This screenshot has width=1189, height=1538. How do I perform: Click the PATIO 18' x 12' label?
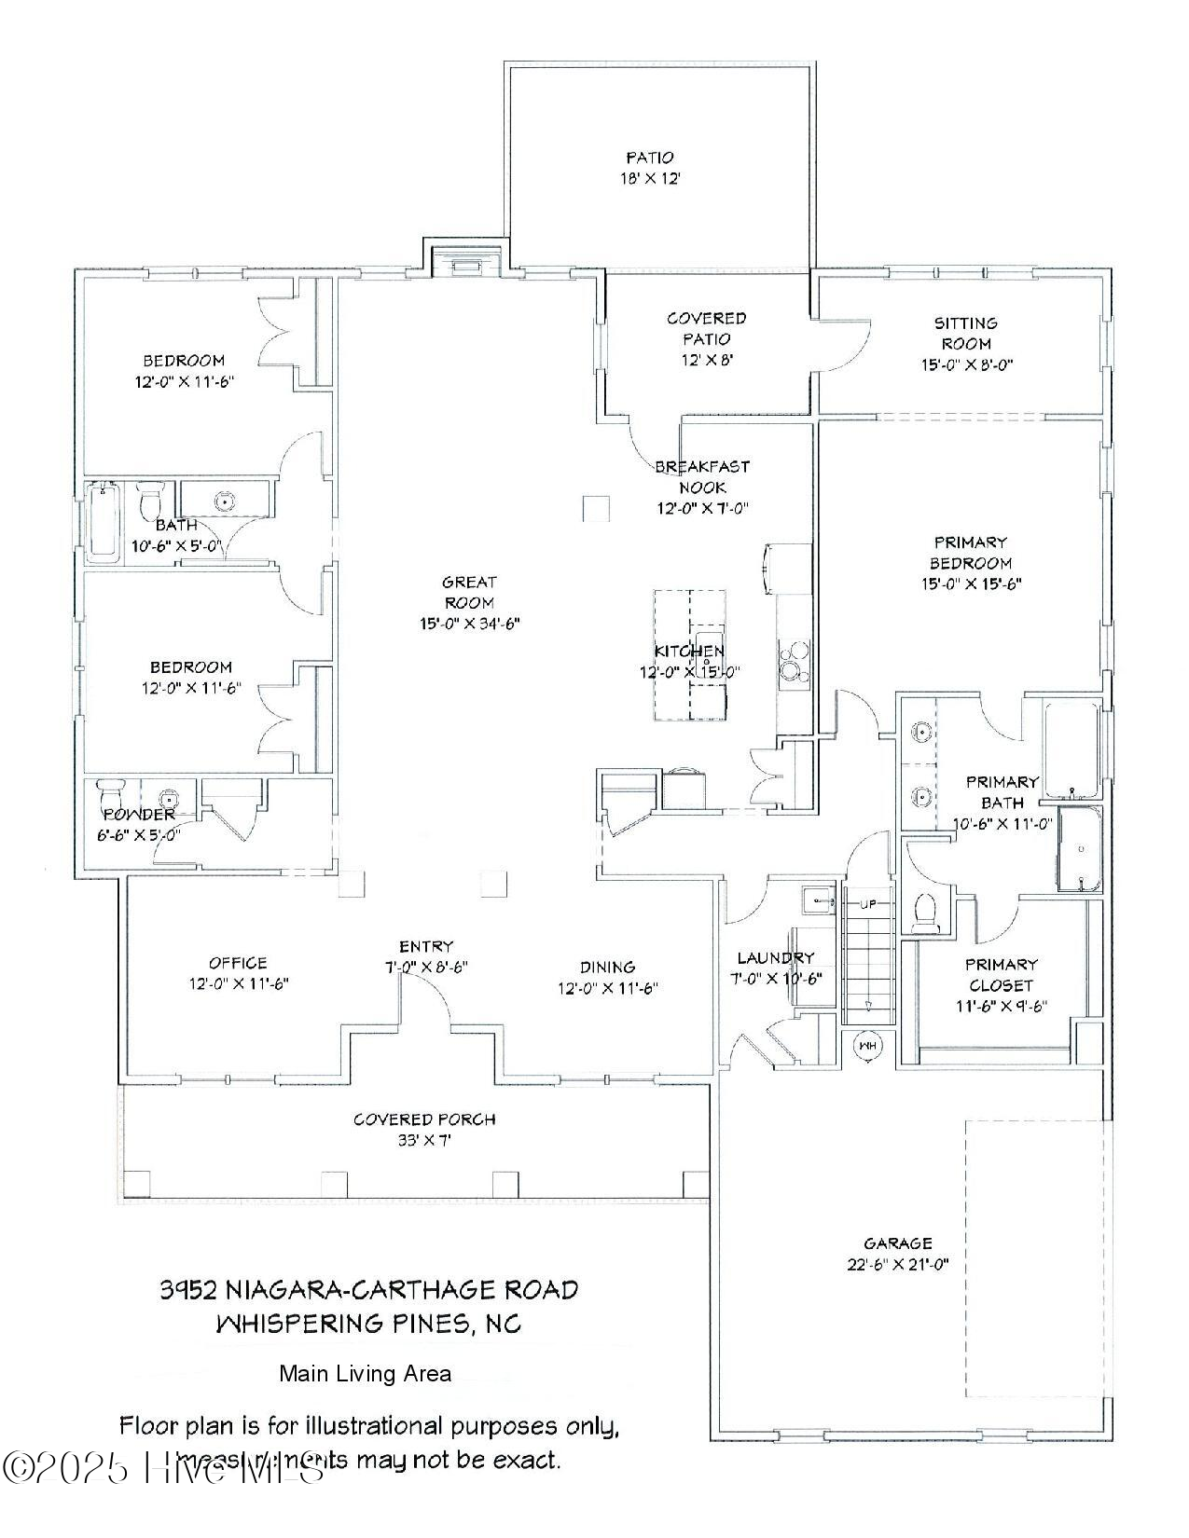(649, 168)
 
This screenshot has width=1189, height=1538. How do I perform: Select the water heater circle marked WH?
(868, 1046)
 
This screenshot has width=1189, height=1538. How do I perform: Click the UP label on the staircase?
(867, 905)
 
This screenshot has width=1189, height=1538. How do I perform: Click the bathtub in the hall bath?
(103, 522)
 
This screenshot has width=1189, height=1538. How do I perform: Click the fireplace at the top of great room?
(465, 267)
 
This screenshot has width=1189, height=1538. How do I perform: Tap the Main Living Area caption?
(365, 1373)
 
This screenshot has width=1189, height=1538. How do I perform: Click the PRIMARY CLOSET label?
(1002, 974)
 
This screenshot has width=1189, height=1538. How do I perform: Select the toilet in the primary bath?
(926, 913)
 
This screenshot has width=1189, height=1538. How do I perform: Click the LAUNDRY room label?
(775, 957)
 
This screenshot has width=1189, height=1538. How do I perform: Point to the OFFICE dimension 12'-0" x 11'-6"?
(238, 982)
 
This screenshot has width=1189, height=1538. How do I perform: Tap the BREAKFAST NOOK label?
(701, 476)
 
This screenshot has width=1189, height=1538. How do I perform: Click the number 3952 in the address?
(189, 1289)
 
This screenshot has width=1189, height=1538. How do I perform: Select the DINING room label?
(607, 967)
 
